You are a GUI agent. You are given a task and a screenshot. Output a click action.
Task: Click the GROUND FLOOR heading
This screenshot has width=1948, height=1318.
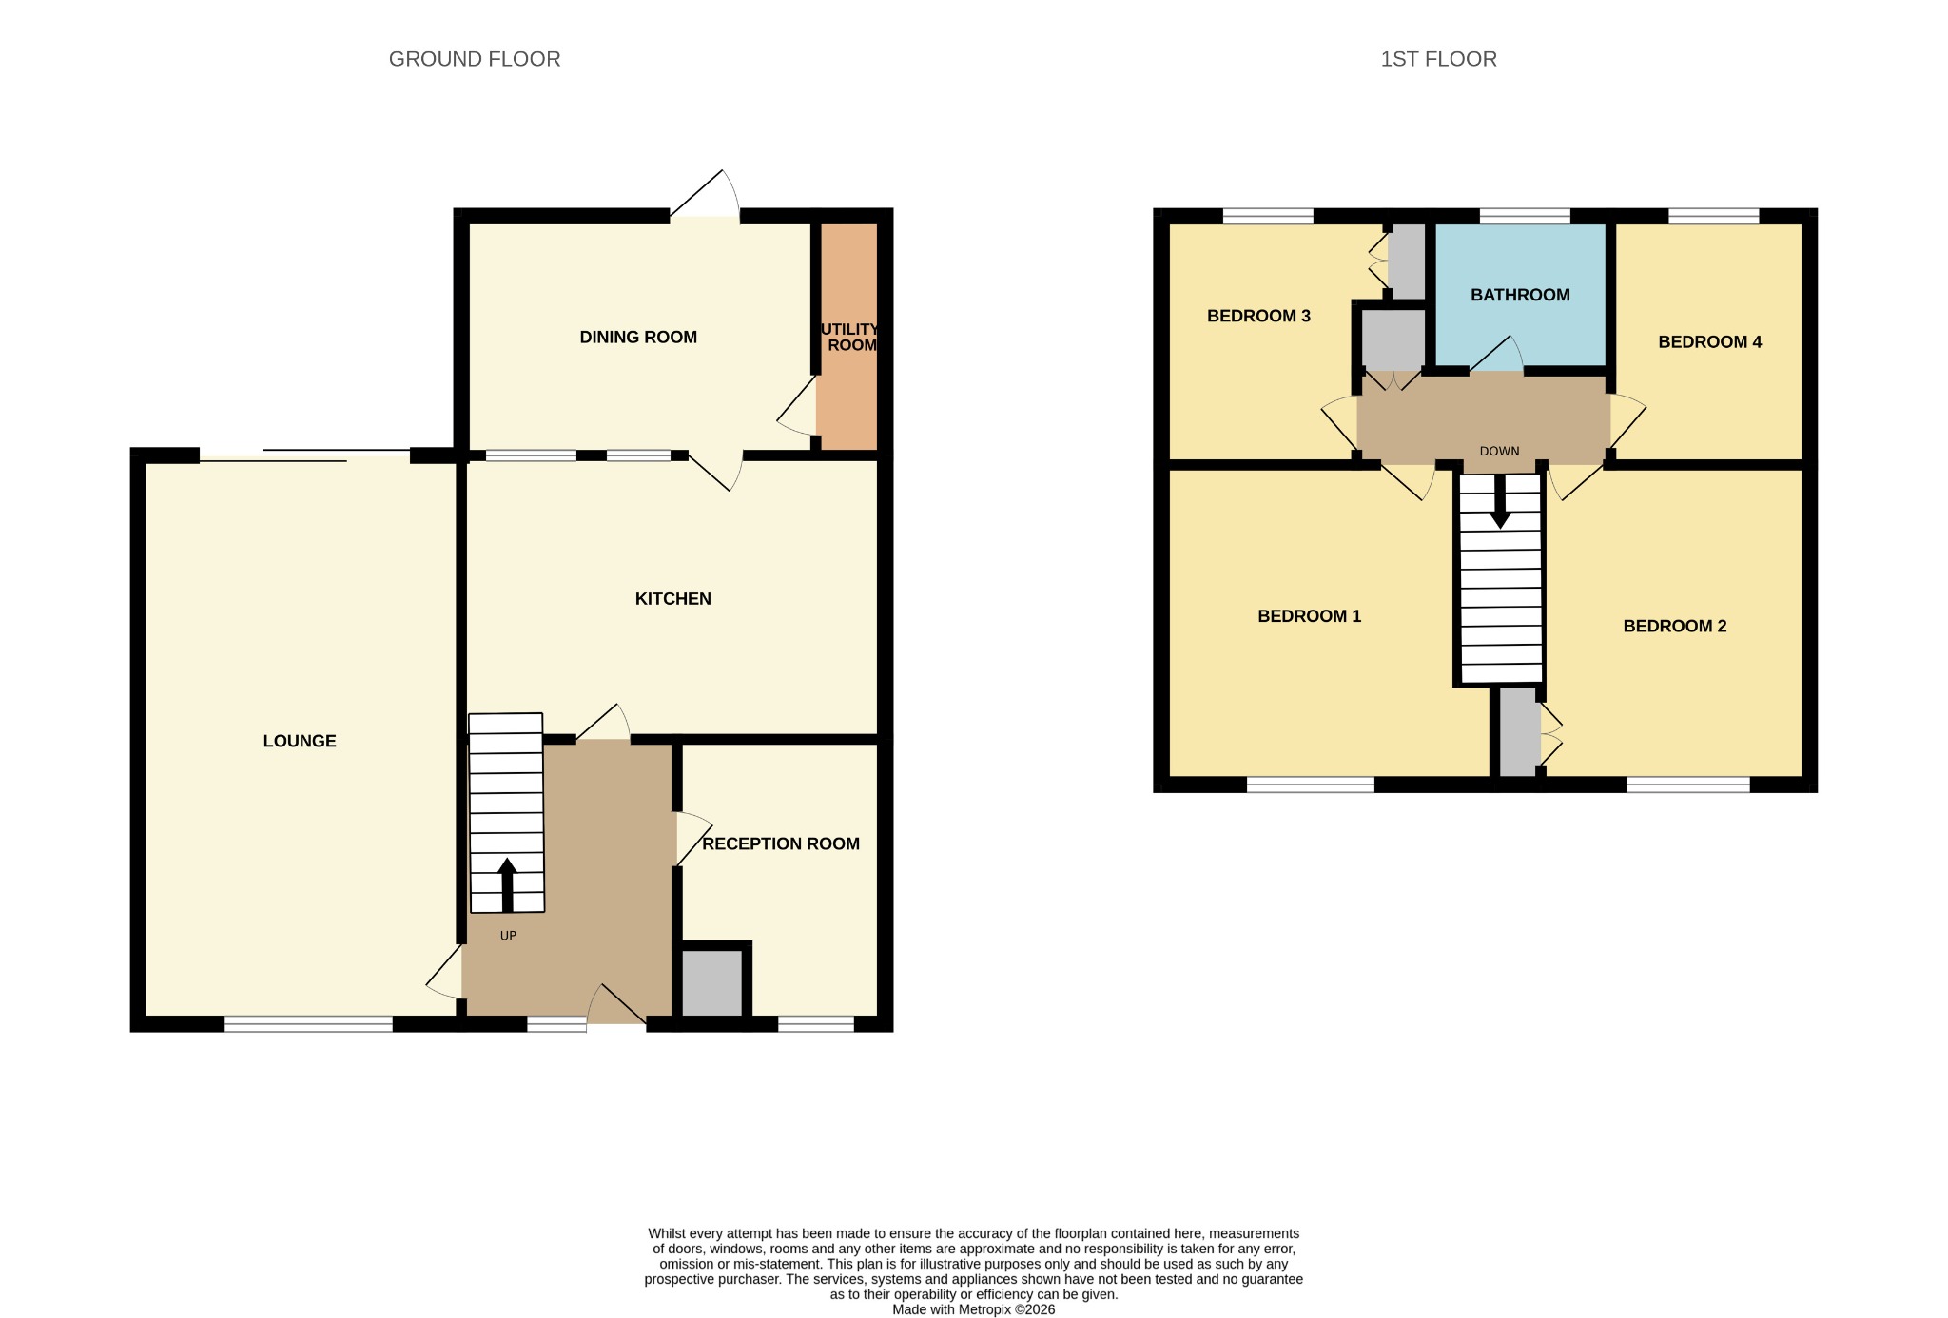[x=475, y=59]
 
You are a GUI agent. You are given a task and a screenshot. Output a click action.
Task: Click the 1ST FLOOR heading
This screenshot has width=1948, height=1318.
[x=1438, y=59]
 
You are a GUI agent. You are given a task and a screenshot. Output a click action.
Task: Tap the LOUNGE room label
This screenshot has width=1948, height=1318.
[x=300, y=741]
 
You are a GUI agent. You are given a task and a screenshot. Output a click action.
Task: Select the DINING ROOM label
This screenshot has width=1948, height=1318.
[x=638, y=337]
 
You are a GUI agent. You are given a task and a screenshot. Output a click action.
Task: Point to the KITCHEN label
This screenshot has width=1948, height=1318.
[x=673, y=598]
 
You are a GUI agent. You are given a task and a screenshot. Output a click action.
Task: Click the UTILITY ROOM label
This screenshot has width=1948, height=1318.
[x=849, y=337]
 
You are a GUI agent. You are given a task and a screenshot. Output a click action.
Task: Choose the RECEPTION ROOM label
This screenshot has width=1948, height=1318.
[x=781, y=843]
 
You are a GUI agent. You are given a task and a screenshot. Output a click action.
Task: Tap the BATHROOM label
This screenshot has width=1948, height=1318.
[x=1520, y=295]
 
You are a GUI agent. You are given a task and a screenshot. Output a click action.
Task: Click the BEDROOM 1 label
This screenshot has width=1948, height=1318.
[x=1309, y=616]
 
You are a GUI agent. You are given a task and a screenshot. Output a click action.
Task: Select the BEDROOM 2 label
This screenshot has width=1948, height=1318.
[x=1674, y=626]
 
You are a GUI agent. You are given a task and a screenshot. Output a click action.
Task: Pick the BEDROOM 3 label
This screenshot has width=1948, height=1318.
[x=1258, y=316]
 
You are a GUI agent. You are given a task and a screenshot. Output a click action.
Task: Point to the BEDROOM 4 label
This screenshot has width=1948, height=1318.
[x=1709, y=342]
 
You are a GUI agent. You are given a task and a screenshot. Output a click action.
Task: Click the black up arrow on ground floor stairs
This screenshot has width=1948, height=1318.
[x=507, y=885]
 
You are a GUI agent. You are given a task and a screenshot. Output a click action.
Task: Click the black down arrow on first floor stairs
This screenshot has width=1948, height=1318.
[x=1500, y=501]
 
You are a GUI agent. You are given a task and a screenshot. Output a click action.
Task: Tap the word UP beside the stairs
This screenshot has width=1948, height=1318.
[x=508, y=936]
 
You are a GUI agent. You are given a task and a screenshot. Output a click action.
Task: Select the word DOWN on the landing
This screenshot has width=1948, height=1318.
[x=1499, y=451]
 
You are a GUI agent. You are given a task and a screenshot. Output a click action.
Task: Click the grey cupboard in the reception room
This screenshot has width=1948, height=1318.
[x=711, y=982]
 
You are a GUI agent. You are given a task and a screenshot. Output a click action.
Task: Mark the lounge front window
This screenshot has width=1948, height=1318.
[x=308, y=1024]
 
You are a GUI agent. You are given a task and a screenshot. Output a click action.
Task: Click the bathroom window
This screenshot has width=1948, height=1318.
[x=1525, y=216]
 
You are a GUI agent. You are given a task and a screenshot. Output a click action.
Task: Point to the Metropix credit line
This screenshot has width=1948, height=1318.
[x=973, y=1309]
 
